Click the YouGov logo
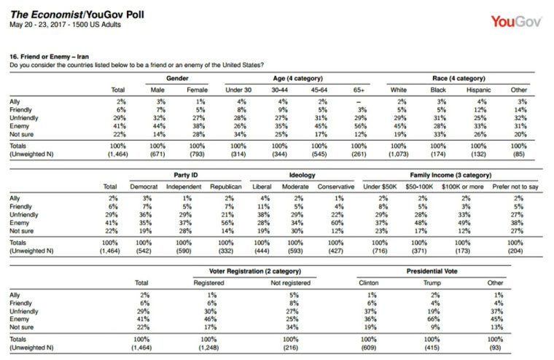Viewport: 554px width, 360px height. [x=516, y=22]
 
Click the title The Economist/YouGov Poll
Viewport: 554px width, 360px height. [x=77, y=15]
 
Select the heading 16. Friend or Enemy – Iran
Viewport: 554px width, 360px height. [x=49, y=57]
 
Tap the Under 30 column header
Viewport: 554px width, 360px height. [x=238, y=90]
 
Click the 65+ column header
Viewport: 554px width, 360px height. [x=359, y=90]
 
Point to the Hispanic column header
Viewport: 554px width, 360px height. [x=479, y=90]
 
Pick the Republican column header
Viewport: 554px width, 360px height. [x=226, y=187]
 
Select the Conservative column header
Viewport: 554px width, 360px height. [x=335, y=187]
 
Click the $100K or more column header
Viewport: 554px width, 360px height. [x=462, y=187]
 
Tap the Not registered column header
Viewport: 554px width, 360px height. [x=290, y=283]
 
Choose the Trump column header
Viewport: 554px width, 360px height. [x=432, y=283]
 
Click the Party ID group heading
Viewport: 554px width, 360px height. [x=186, y=175]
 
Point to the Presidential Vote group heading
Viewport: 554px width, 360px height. [x=432, y=271]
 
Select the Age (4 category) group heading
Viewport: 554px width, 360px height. [x=298, y=78]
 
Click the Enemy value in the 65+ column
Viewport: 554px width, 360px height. [x=360, y=126]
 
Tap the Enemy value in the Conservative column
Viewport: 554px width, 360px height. [x=337, y=223]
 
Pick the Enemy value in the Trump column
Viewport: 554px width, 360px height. [x=434, y=319]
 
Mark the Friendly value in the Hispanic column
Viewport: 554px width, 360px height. [x=480, y=110]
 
